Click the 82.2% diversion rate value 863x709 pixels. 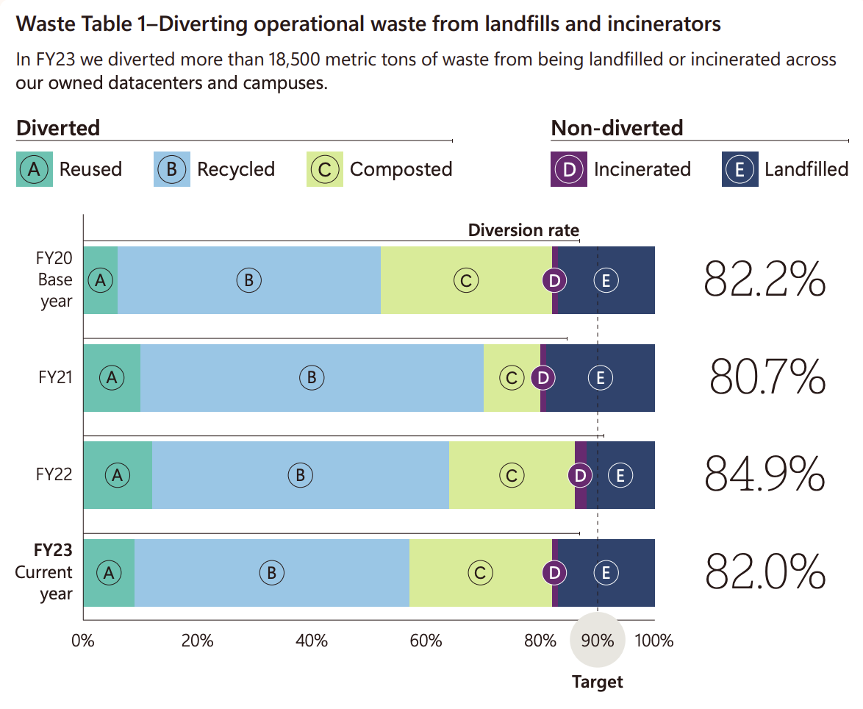click(x=764, y=280)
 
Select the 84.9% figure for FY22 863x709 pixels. click(x=764, y=474)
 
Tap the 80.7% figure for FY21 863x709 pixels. click(x=767, y=377)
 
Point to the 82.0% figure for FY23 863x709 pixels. click(x=765, y=572)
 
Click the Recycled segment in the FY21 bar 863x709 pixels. click(x=312, y=378)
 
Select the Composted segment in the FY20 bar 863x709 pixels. click(x=466, y=280)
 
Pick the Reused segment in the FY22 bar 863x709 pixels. click(x=117, y=475)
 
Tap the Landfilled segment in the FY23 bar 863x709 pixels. click(x=606, y=573)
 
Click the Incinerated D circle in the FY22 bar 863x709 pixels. click(x=580, y=475)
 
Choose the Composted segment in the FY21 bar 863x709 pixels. click(x=512, y=378)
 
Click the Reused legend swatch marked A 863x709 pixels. click(x=34, y=169)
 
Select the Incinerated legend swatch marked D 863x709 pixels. click(x=568, y=169)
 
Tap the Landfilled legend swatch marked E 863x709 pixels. click(x=740, y=169)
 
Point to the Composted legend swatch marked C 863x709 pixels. click(x=324, y=169)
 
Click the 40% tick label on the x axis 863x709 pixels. click(x=311, y=641)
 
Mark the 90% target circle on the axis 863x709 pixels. click(x=598, y=640)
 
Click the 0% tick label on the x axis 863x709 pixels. click(x=83, y=641)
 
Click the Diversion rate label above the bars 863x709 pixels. click(x=523, y=230)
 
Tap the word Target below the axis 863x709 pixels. click(x=597, y=682)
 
